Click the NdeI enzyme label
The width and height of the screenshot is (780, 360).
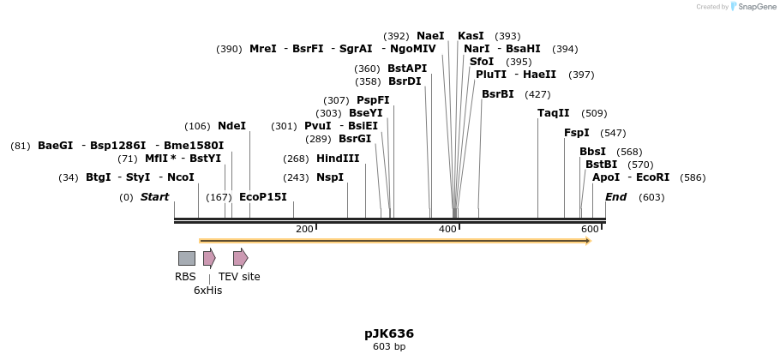pyautogui.click(x=231, y=126)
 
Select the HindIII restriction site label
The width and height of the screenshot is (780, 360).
pyautogui.click(x=338, y=159)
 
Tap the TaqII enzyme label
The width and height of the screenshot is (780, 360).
pyautogui.click(x=554, y=113)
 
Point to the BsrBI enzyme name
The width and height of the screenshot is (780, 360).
pyautogui.click(x=498, y=94)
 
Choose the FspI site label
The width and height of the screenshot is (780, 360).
pyautogui.click(x=577, y=133)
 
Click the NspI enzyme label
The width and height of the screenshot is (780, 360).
pyautogui.click(x=330, y=177)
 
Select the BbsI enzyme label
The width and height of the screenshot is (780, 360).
pyautogui.click(x=593, y=152)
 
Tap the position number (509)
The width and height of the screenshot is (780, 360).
pyautogui.click(x=594, y=113)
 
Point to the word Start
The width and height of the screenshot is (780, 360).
pyautogui.click(x=155, y=197)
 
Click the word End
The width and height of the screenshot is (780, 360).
pyautogui.click(x=616, y=197)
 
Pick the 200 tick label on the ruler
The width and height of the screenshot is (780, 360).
pyautogui.click(x=304, y=230)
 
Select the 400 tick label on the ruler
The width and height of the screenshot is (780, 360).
pyautogui.click(x=447, y=230)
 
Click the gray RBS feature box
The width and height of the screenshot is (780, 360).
pyautogui.click(x=186, y=258)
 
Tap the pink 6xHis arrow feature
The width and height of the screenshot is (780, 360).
pyautogui.click(x=209, y=258)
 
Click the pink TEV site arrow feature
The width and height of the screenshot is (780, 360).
pyautogui.click(x=240, y=258)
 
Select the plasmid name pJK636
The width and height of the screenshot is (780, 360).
pyautogui.click(x=389, y=333)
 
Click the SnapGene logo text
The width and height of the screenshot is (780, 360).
pyautogui.click(x=753, y=7)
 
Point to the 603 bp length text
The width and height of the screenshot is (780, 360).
pyautogui.click(x=389, y=347)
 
